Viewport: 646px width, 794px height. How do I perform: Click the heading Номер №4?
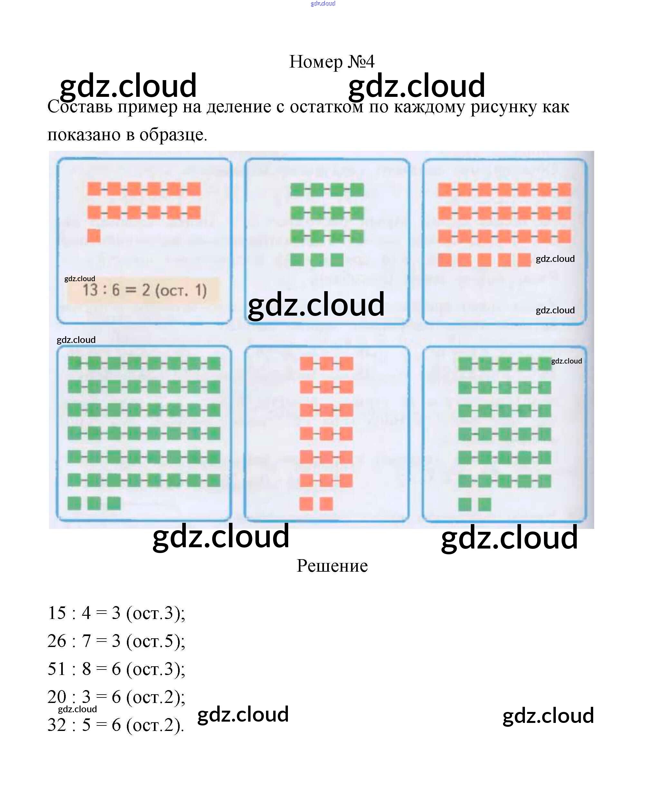click(332, 62)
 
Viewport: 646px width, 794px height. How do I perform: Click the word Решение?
click(332, 566)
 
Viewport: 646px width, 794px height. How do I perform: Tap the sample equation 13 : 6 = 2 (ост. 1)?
click(144, 290)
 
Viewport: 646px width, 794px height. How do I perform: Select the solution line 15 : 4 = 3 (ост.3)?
click(116, 613)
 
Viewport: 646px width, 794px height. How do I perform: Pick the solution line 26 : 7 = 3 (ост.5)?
click(116, 641)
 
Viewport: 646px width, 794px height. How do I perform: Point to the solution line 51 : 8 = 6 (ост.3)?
click(116, 669)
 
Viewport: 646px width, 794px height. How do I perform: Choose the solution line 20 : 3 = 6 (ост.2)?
click(116, 697)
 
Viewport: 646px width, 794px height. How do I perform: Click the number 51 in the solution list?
click(57, 669)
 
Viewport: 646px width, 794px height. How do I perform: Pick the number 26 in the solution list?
click(57, 641)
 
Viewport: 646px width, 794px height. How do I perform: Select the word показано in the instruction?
click(83, 134)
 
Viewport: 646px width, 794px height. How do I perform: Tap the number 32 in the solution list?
click(57, 725)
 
